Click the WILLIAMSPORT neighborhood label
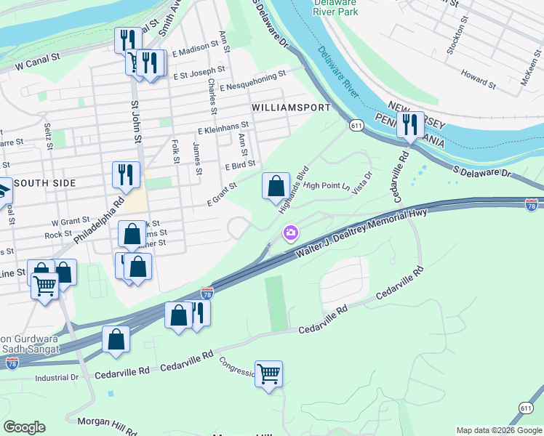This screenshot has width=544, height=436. [291, 107]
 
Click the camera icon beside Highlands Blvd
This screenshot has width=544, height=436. [291, 233]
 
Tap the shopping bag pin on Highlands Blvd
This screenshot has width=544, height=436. [276, 186]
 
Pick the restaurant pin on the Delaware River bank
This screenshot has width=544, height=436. [412, 125]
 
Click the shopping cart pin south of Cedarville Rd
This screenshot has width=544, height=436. [269, 374]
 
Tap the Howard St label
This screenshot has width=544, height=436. [478, 78]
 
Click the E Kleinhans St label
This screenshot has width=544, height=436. [223, 128]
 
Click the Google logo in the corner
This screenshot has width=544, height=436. [24, 427]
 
